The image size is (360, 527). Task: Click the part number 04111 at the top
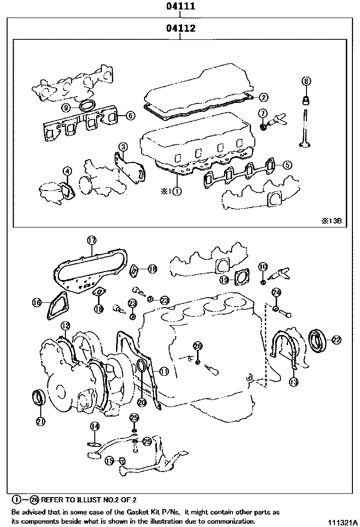tap(180, 7)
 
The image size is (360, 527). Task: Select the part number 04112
tap(180, 29)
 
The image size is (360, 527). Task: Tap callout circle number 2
tap(264, 97)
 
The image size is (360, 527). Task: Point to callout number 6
tap(130, 115)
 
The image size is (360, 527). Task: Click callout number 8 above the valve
tap(306, 82)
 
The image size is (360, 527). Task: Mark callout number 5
tap(287, 165)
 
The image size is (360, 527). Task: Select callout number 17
tap(91, 240)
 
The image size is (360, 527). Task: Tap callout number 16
tap(36, 302)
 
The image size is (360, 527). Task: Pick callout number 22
tap(336, 339)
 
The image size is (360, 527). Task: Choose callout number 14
tap(95, 426)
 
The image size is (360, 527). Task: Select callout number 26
tap(198, 345)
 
